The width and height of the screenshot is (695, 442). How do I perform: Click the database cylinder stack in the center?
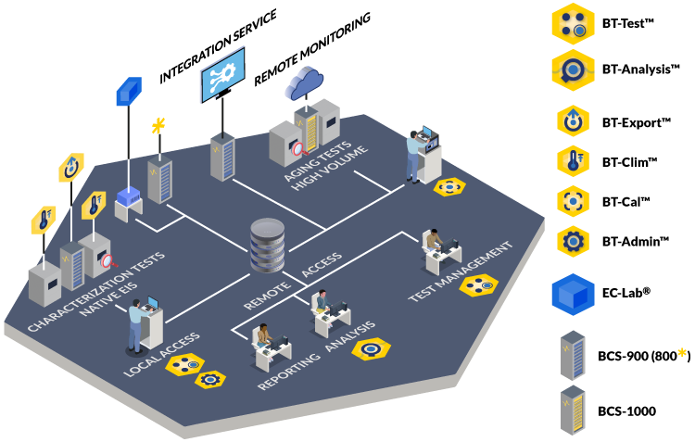coord(268,245)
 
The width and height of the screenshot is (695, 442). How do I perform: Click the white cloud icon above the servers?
coord(303,82)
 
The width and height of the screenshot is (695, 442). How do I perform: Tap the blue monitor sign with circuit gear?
coord(222,73)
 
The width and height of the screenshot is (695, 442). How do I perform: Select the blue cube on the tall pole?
coord(129,91)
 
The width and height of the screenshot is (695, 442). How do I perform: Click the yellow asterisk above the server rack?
coord(158,124)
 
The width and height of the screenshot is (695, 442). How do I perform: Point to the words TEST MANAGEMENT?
coord(461,272)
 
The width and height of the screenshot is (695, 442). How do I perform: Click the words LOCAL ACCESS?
coord(161,354)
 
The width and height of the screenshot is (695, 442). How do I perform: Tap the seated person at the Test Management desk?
coord(433,243)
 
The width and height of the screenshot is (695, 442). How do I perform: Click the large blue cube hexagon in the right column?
coord(573,295)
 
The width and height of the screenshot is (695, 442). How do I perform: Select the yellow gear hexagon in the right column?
coord(573,242)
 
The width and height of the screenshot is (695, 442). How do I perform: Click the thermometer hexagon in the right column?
coord(573,161)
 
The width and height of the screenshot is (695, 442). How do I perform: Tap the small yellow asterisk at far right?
coord(682,353)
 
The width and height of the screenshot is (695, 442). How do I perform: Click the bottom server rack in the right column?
coord(573,410)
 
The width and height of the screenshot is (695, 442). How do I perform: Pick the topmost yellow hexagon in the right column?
coord(573,24)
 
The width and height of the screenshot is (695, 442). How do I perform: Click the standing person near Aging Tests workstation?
coord(413,154)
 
